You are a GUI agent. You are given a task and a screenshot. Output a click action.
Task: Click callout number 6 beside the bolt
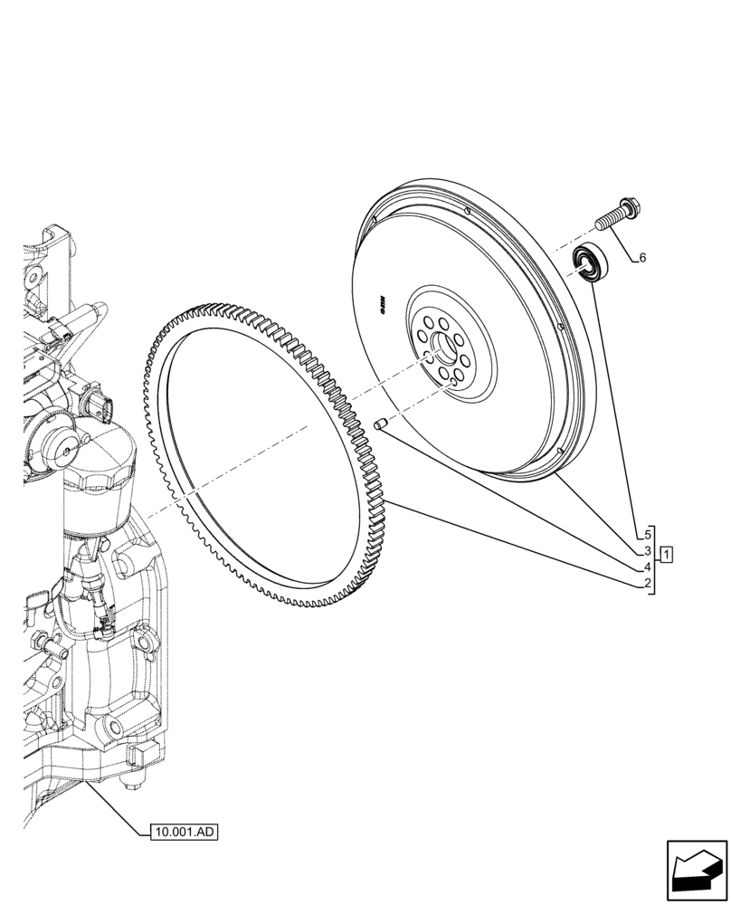(642, 258)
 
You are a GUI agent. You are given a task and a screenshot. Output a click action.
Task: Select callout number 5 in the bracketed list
(649, 533)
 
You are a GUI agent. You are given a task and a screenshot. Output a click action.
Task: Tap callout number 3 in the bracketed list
(649, 551)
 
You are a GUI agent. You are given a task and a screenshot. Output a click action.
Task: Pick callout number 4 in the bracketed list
(649, 568)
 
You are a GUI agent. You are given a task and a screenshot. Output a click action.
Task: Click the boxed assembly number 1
(667, 554)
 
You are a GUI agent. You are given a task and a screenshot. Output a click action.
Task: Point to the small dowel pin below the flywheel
(381, 424)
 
